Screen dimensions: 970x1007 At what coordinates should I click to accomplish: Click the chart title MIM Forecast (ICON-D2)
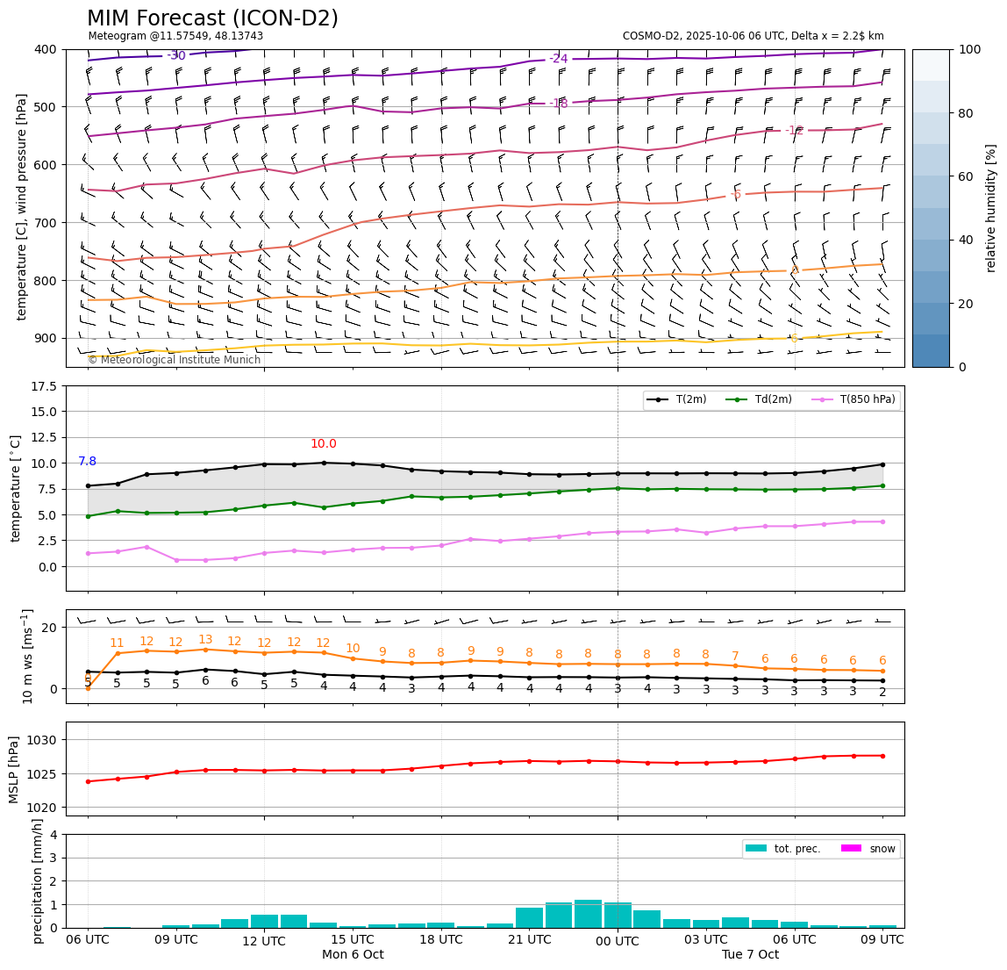[212, 18]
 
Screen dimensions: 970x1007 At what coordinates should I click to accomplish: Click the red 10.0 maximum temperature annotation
[324, 444]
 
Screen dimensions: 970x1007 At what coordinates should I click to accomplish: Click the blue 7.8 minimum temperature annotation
[88, 462]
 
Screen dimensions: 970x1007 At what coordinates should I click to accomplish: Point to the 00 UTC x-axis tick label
[618, 942]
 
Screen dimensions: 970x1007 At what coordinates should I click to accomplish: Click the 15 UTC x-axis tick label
[353, 940]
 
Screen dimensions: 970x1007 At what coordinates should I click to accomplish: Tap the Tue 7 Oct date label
[750, 955]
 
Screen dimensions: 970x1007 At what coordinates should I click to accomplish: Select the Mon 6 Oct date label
[353, 955]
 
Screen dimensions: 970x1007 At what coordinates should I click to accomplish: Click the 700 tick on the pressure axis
[45, 222]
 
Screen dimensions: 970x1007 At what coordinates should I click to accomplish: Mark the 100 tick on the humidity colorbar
[969, 49]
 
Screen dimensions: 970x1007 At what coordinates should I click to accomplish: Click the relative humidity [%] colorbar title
[992, 208]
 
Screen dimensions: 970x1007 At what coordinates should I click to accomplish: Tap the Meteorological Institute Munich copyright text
[174, 360]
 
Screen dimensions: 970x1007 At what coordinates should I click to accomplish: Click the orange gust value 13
[205, 640]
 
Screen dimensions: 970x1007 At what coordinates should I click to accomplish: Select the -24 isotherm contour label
[559, 59]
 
